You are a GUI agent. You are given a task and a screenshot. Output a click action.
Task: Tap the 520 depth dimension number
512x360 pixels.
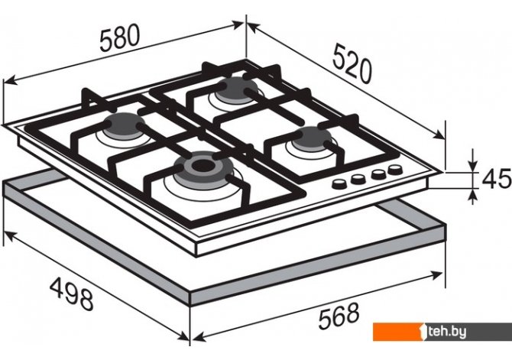click(352, 65)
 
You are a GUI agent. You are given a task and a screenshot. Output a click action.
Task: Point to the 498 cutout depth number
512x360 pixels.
click(72, 294)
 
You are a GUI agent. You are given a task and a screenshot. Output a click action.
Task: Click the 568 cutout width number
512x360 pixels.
click(339, 316)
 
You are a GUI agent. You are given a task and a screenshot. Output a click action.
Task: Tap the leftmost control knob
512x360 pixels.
click(339, 184)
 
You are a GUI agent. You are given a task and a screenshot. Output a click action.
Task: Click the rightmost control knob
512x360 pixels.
click(395, 170)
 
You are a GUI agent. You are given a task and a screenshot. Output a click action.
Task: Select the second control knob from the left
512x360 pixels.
click(358, 179)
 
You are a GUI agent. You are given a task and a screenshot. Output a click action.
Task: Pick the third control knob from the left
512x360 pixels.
click(379, 174)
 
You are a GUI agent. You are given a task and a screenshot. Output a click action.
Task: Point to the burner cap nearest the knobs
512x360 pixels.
click(312, 138)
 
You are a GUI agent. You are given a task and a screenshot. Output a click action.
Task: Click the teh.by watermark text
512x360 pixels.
click(447, 332)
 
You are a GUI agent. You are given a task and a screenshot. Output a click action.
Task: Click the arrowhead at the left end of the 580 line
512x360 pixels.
click(9, 79)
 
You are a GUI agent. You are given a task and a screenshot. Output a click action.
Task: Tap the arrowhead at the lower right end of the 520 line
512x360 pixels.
click(439, 134)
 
